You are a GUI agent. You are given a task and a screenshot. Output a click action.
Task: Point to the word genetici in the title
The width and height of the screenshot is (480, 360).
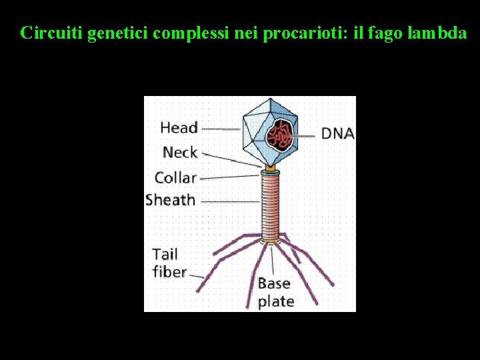pyautogui.click(x=117, y=33)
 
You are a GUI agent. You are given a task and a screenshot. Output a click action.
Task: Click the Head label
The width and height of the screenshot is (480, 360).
pyautogui.click(x=179, y=127)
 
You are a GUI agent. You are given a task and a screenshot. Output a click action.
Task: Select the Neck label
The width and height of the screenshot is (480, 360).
pyautogui.click(x=180, y=153)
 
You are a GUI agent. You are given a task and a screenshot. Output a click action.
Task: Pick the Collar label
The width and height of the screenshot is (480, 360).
pyautogui.click(x=175, y=177)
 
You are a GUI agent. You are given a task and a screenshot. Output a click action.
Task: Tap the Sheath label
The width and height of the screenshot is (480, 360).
pyautogui.click(x=170, y=200)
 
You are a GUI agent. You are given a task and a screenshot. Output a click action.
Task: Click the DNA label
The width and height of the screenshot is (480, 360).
pyautogui.click(x=337, y=133)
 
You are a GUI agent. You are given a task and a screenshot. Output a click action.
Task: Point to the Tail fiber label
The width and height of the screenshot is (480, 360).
pyautogui.click(x=169, y=263)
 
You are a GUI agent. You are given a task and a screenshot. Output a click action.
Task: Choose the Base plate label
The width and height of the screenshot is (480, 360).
pyautogui.click(x=275, y=292)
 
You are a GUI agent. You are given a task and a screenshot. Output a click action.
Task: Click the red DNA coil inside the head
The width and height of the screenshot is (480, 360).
pyautogui.click(x=281, y=135)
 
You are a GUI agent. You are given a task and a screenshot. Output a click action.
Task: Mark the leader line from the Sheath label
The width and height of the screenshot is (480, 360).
pyautogui.click(x=229, y=201)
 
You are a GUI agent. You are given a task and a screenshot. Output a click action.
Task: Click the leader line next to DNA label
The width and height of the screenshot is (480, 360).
pyautogui.click(x=306, y=135)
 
